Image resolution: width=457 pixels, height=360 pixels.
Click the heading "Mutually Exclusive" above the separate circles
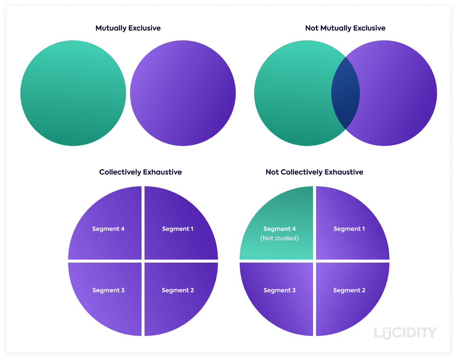click(x=128, y=28)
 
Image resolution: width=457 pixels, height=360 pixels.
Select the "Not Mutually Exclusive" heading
click(x=345, y=28)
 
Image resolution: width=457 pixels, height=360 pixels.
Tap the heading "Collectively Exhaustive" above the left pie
click(x=140, y=172)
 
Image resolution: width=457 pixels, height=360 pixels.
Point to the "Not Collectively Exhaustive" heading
click(x=314, y=172)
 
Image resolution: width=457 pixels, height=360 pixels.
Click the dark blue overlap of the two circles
click(x=345, y=93)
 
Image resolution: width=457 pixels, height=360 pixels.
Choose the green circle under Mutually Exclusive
click(x=73, y=93)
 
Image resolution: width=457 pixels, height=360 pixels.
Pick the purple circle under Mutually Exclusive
click(x=183, y=93)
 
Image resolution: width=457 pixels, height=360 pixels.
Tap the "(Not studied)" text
click(x=280, y=238)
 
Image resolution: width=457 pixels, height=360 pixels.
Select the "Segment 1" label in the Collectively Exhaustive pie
click(x=177, y=229)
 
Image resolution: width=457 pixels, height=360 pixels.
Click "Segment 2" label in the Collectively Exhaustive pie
click(x=177, y=290)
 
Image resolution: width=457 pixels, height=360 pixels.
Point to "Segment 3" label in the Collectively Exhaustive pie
click(x=108, y=290)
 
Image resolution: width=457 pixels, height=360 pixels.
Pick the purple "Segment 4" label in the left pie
click(x=108, y=229)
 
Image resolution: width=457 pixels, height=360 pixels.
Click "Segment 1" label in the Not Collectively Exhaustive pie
click(x=349, y=229)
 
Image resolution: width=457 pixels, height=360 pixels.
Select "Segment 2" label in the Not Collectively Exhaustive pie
click(x=349, y=290)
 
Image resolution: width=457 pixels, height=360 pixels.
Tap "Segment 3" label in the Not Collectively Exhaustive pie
click(x=280, y=290)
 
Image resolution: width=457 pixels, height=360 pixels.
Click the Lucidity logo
click(x=405, y=333)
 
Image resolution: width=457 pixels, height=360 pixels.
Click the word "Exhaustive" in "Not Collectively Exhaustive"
click(x=345, y=172)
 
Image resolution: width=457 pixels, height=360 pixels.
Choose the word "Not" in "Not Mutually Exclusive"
click(x=311, y=28)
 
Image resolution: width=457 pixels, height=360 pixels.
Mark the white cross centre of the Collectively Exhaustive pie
click(x=143, y=261)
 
